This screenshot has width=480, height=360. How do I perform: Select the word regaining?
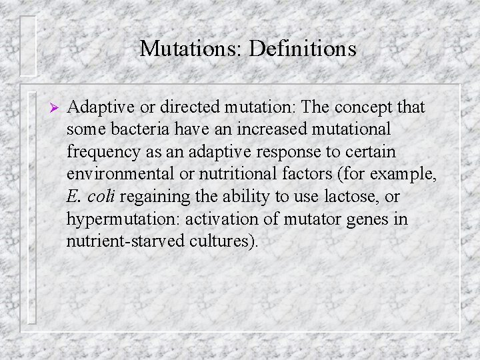157,197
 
